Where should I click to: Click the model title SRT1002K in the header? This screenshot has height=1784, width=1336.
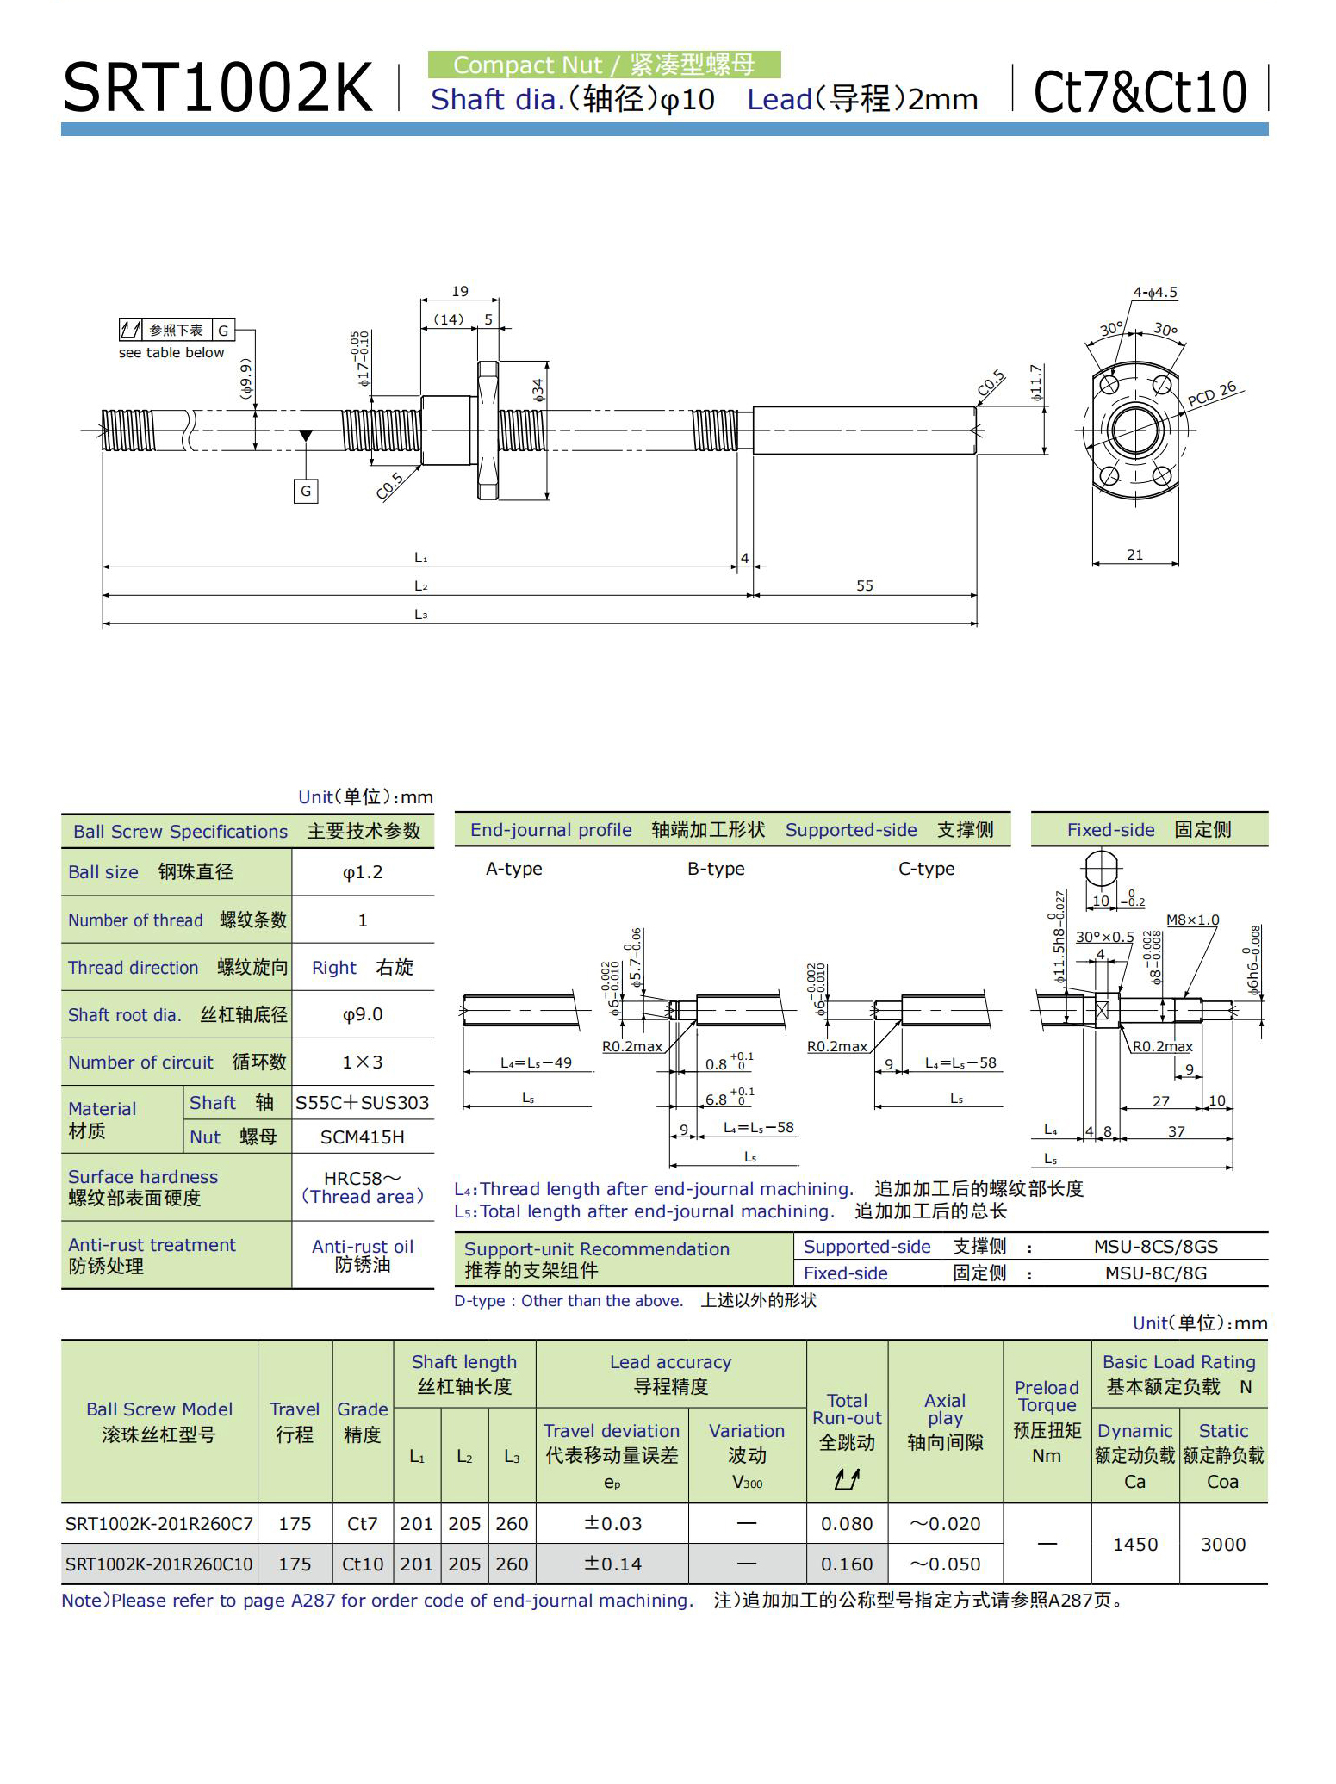218,88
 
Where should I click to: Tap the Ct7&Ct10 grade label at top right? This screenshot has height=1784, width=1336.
1139,91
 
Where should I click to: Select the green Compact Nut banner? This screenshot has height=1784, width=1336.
604,65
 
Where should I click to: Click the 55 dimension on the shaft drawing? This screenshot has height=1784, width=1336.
864,585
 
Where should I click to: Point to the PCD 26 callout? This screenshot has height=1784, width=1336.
1211,393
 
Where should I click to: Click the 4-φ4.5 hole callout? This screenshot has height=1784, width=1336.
1154,293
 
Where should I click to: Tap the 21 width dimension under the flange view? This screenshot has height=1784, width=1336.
1134,555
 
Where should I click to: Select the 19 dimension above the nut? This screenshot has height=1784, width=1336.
460,292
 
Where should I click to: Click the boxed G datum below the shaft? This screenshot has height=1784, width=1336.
306,492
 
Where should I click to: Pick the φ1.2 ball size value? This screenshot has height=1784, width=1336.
363,872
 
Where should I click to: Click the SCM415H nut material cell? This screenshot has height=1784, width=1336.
363,1137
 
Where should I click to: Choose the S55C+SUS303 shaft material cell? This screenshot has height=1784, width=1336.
363,1103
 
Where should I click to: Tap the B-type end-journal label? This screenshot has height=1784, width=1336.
716,869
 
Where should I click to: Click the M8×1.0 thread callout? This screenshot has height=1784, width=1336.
1192,920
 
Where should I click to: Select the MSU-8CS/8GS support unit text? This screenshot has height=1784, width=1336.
1156,1246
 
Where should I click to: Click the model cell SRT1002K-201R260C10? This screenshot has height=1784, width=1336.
159,1564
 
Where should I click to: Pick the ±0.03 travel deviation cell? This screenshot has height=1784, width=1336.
612,1523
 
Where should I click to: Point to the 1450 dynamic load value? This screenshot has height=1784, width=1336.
1134,1544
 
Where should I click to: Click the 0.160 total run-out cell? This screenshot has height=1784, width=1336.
847,1564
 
